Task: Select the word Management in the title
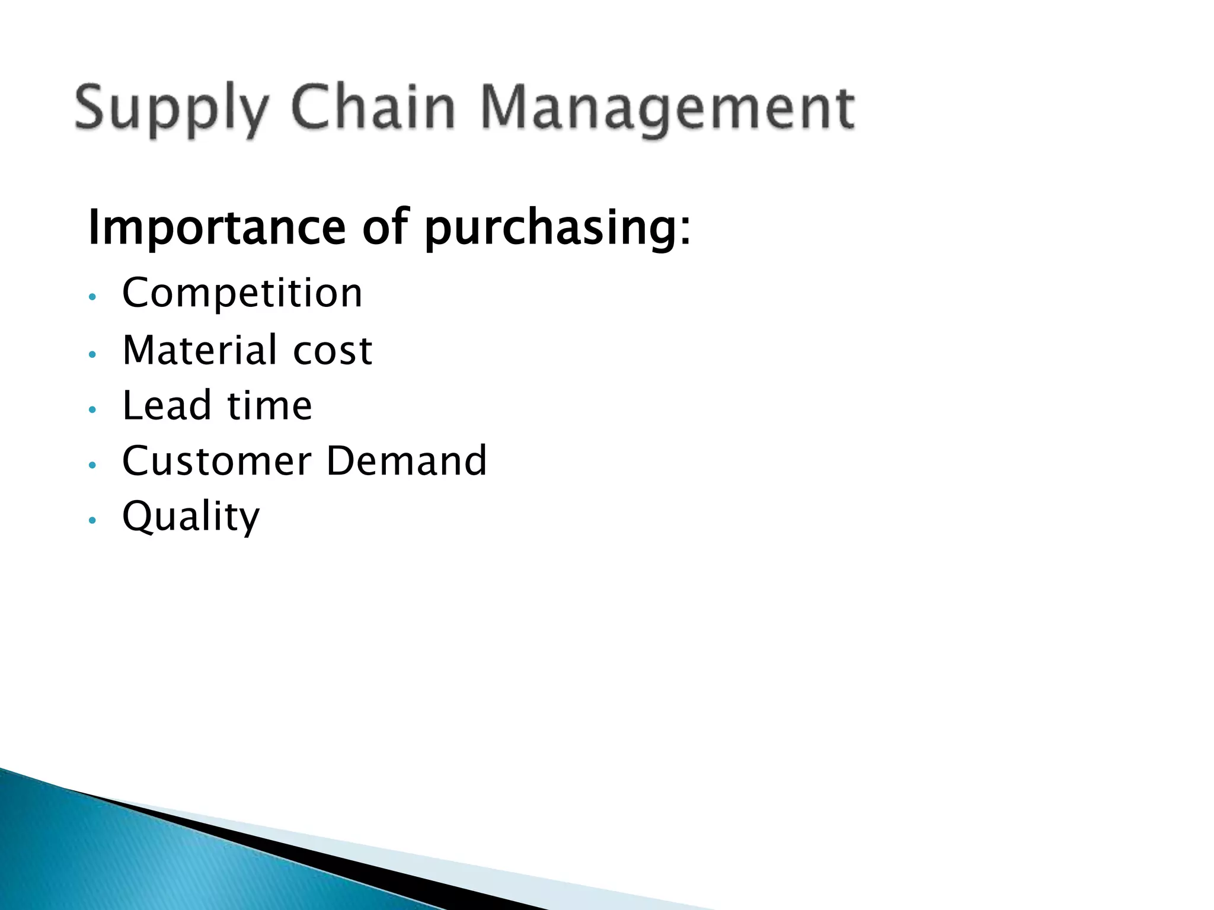[x=668, y=110]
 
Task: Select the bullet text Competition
[x=242, y=294]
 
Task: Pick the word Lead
[x=167, y=406]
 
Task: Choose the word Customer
[x=216, y=461]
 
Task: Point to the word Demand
[x=406, y=461]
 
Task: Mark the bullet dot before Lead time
[x=91, y=410]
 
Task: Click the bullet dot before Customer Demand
[x=91, y=466]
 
